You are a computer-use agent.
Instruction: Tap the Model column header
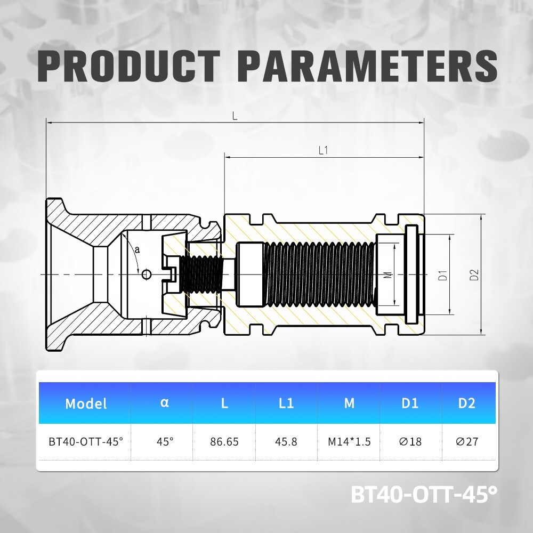point(86,403)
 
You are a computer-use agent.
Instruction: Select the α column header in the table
point(164,402)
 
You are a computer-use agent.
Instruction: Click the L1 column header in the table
point(287,403)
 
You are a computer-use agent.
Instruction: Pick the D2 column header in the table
point(466,403)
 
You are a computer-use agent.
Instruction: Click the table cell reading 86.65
point(224,442)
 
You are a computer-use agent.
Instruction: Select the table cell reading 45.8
point(287,442)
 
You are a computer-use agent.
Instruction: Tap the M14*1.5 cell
point(349,442)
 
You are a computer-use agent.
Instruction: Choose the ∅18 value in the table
point(409,442)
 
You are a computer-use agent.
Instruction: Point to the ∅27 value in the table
point(466,442)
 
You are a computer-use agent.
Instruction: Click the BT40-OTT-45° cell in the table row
point(86,442)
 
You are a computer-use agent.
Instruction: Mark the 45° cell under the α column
point(164,442)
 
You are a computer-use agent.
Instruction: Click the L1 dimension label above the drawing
point(323,151)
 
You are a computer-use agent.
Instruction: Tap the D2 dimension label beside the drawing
point(474,275)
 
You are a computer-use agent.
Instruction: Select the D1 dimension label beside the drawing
point(442,275)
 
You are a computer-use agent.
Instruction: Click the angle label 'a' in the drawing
point(138,249)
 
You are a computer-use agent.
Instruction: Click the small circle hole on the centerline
point(147,274)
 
